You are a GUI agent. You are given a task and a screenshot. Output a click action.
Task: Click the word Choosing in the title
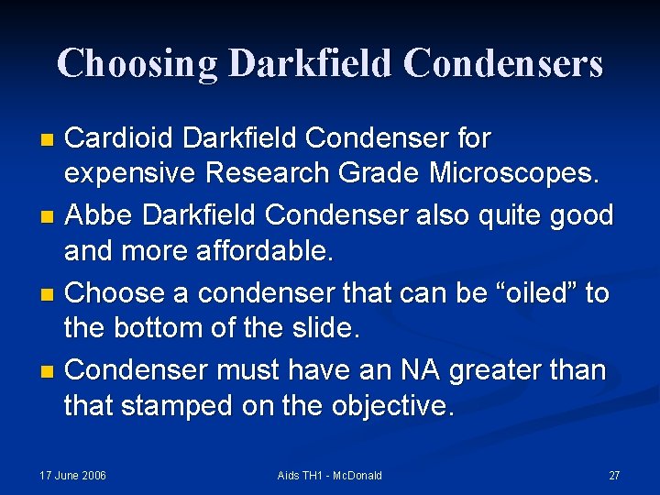point(137,63)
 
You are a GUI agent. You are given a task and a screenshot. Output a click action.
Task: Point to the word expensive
point(130,172)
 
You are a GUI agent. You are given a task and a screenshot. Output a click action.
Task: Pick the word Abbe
point(98,215)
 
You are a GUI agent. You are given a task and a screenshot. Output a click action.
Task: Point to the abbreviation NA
point(422,370)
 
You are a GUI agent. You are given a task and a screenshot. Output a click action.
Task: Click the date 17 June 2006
point(72,475)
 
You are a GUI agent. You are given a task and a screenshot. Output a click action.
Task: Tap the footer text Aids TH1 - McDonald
point(329,475)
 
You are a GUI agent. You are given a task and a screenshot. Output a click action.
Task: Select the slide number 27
point(614,475)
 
